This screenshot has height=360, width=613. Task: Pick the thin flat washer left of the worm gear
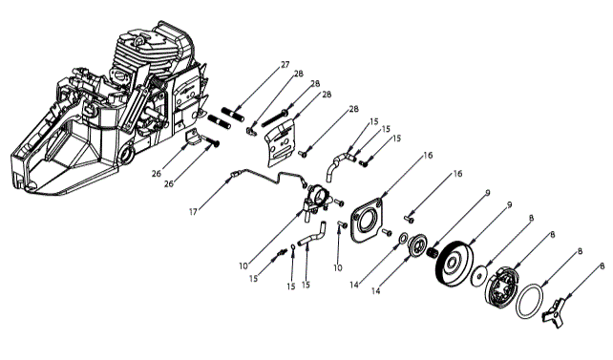click(405, 238)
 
